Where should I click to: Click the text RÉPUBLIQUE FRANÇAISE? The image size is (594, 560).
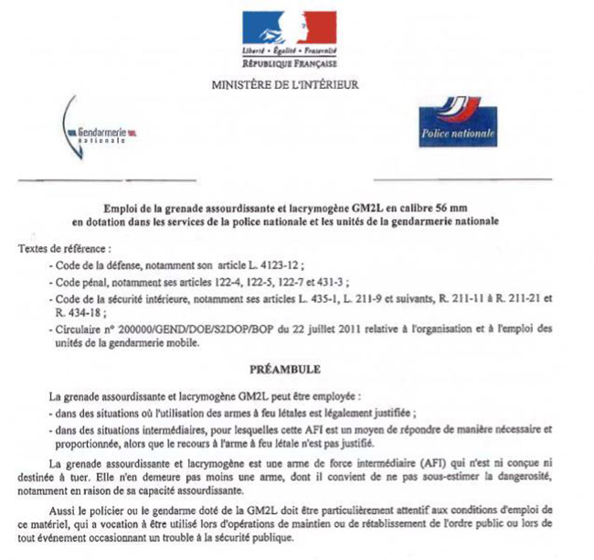coord(290,64)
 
